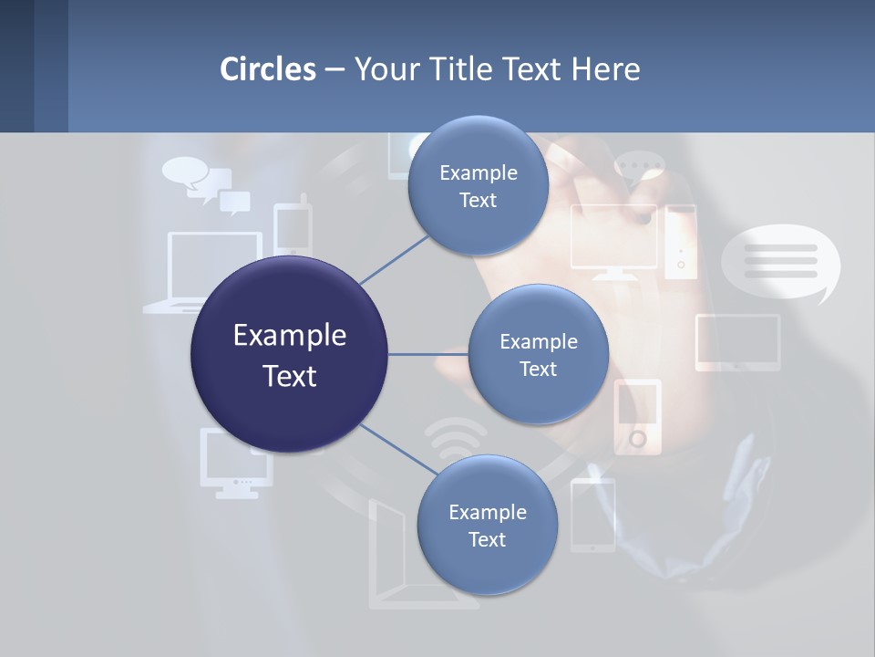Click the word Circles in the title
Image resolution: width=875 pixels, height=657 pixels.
[x=267, y=69]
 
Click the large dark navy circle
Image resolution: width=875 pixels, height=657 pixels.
[x=289, y=355]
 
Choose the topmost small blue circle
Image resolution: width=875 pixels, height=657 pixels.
[x=478, y=186]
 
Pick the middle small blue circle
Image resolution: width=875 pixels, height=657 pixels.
[x=538, y=354]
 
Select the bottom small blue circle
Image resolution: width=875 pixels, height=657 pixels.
[x=487, y=525]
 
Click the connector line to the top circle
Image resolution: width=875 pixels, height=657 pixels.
[x=394, y=259]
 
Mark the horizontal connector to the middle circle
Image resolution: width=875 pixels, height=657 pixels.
[x=427, y=354]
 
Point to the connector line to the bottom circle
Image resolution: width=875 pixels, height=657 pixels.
[x=397, y=449]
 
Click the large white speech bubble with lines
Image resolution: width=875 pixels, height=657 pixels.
[x=780, y=262]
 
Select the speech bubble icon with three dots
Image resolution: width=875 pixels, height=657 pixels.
[x=639, y=170]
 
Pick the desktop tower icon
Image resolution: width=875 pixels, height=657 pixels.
[x=680, y=241]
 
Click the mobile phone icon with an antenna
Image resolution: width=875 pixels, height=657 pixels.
[x=293, y=227]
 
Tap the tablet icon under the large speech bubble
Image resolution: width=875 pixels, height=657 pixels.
[x=737, y=342]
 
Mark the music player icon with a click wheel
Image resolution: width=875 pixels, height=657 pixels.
[x=637, y=416]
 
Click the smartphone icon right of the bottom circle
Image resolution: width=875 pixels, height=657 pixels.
[x=592, y=515]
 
